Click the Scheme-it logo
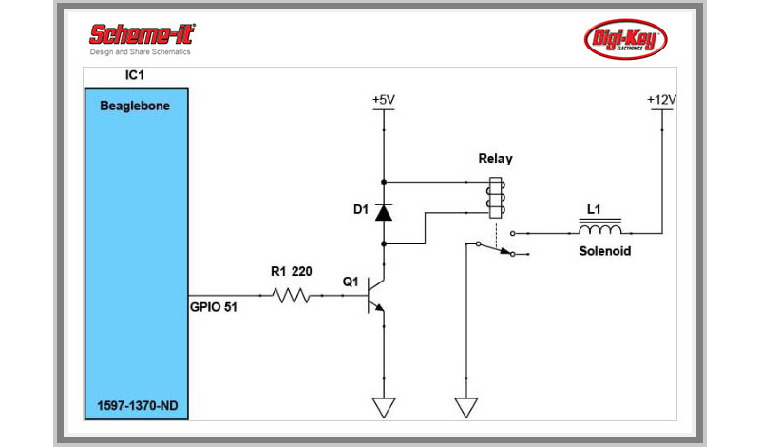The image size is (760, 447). pos(141,37)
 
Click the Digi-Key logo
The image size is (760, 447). pos(624,39)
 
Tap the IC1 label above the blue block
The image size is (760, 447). pos(136,74)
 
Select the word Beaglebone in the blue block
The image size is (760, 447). pos(135,107)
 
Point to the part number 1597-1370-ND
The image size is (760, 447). pos(136,405)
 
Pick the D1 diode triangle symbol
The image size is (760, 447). pos(383,212)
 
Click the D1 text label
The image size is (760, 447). pos(360,209)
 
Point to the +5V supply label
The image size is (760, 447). pos(383,98)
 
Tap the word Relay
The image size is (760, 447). pos(495,159)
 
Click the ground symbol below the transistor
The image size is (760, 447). pos(383,407)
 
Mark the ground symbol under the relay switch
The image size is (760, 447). pos(465,407)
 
